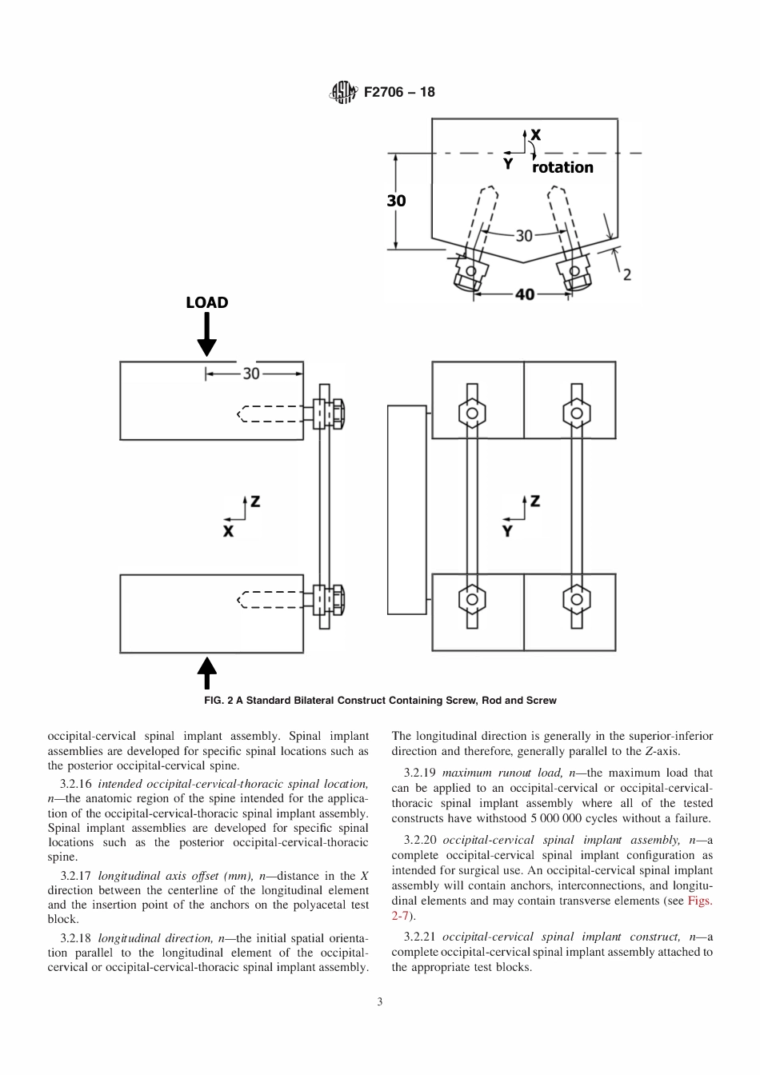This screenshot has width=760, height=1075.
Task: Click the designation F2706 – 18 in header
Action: point(399,92)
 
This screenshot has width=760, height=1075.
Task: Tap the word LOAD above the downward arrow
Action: point(207,302)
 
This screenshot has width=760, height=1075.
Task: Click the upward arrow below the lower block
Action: point(207,673)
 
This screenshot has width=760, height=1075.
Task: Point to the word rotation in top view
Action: point(562,167)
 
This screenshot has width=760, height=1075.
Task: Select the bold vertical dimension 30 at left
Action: point(397,201)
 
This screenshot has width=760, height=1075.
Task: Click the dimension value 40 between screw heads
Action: point(524,294)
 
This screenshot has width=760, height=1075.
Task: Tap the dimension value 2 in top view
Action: point(626,274)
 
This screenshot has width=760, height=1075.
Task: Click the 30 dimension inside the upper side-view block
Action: point(251,374)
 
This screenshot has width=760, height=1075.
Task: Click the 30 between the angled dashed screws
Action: point(523,235)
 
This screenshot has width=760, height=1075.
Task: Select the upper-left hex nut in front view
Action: point(472,414)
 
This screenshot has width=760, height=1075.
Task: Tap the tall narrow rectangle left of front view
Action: point(406,510)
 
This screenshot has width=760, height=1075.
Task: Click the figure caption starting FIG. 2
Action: point(380,700)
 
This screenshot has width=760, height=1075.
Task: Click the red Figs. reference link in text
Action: point(700,901)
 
